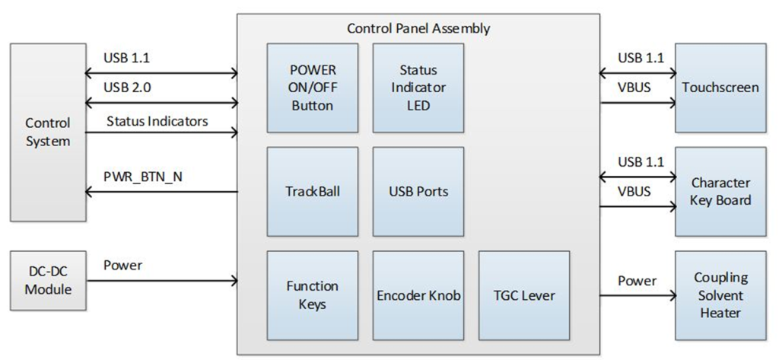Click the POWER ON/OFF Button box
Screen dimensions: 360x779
pos(312,88)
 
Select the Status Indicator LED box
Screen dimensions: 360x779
pos(418,88)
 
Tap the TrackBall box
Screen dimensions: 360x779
pos(312,191)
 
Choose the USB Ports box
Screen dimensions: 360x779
pos(418,191)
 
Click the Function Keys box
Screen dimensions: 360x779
pos(312,295)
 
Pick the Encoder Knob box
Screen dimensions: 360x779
pos(418,295)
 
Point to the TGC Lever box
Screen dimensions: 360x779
pos(523,295)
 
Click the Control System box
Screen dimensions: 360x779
pos(47,132)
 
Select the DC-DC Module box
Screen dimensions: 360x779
pos(47,281)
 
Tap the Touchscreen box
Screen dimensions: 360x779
pos(720,88)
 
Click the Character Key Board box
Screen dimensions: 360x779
pos(720,191)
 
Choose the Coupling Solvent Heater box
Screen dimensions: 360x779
pos(720,295)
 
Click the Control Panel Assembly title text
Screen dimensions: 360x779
pos(418,29)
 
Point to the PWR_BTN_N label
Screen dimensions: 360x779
pos(142,177)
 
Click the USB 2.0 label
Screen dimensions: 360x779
pos(127,88)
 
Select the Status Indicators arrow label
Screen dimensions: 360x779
pos(157,120)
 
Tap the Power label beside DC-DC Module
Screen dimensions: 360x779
pos(123,266)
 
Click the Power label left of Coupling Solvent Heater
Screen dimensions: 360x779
pos(637,281)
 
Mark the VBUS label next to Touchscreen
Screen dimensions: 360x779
pos(634,88)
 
